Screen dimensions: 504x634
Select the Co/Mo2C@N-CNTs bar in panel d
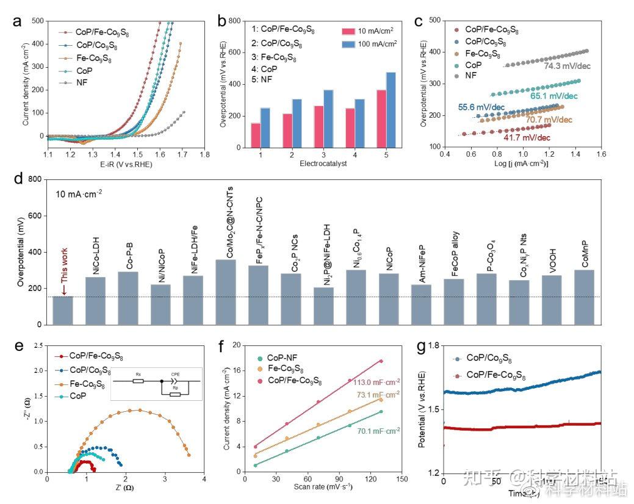click(226, 292)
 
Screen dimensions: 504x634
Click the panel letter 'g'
click(419, 346)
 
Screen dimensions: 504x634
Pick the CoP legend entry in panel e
click(78, 396)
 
